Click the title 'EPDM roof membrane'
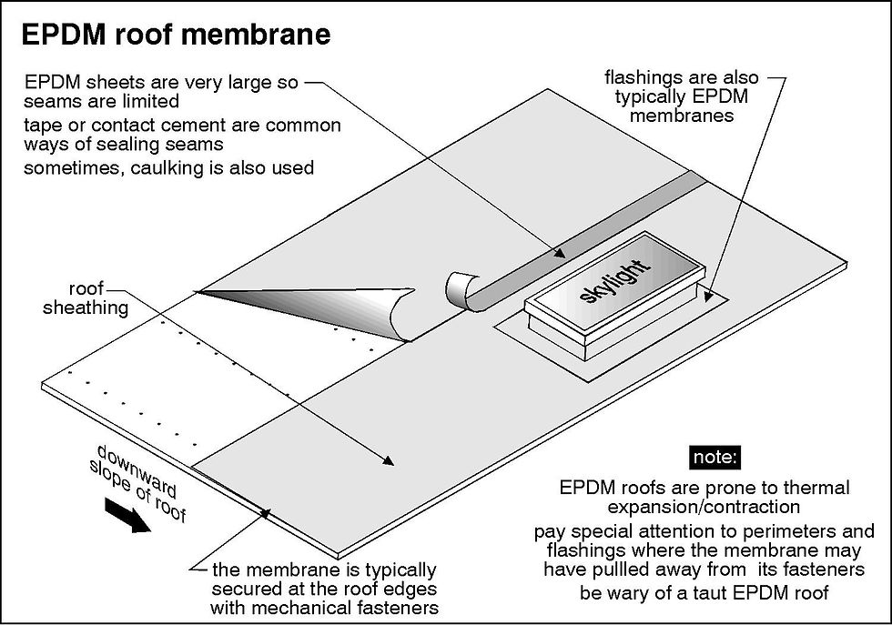tap(174, 35)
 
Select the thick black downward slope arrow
tap(127, 515)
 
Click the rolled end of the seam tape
tap(457, 290)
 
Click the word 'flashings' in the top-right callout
tap(641, 77)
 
